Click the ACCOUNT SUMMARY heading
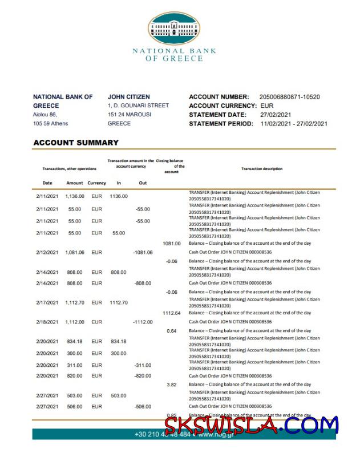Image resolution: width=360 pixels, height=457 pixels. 76,143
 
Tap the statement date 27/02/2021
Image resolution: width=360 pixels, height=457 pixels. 277,115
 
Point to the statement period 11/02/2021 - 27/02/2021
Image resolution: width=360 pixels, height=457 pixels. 294,124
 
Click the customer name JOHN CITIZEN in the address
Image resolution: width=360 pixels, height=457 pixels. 129,97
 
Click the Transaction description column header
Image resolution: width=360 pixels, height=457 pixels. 262,169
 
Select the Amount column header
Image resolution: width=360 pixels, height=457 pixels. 75,183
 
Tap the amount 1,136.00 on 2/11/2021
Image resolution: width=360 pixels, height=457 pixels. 75,196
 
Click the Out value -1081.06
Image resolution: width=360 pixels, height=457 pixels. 143,252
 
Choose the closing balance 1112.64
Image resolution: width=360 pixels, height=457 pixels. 171,313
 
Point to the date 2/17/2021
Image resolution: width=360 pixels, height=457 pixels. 47,303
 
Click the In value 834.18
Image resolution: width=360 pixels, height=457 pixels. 118,342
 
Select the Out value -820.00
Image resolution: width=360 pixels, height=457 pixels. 143,376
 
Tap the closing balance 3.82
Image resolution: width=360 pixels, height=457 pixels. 171,385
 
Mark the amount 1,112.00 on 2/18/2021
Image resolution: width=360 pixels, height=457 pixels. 75,322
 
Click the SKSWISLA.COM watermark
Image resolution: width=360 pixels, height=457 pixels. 251,426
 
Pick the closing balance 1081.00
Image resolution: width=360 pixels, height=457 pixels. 171,244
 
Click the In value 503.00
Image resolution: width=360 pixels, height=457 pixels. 118,395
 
